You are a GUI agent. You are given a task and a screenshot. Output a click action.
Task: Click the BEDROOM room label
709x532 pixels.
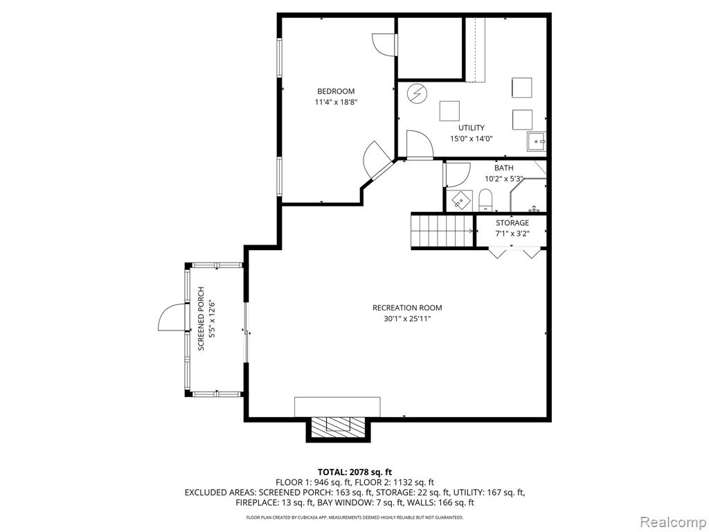click(336, 91)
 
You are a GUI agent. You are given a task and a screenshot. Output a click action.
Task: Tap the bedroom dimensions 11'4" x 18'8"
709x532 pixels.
click(336, 103)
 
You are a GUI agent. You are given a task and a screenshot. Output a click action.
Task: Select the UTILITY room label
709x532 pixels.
click(471, 127)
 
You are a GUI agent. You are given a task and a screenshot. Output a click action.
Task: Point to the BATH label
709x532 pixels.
click(504, 168)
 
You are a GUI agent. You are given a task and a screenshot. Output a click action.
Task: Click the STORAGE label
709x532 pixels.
click(512, 222)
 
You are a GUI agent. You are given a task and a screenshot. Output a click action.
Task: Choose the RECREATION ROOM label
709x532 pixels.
click(407, 308)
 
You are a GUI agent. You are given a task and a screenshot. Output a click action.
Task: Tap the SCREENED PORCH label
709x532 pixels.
click(201, 319)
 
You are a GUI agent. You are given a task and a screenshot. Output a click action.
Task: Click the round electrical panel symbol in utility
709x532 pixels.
click(416, 94)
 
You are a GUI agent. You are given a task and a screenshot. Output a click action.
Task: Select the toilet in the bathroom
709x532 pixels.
click(485, 200)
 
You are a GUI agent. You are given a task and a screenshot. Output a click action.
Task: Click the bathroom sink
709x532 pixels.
click(460, 200)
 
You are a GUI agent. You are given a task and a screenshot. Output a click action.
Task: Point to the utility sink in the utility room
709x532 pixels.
click(537, 141)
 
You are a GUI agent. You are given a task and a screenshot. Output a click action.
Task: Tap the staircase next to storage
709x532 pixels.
click(443, 231)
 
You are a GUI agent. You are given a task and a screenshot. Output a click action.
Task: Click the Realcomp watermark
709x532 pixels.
click(672, 522)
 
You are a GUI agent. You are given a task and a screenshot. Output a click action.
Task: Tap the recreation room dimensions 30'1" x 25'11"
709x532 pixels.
click(407, 319)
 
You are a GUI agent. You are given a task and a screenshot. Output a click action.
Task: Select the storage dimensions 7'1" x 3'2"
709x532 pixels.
click(512, 233)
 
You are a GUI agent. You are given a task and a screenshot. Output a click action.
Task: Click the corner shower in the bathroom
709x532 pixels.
click(528, 195)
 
